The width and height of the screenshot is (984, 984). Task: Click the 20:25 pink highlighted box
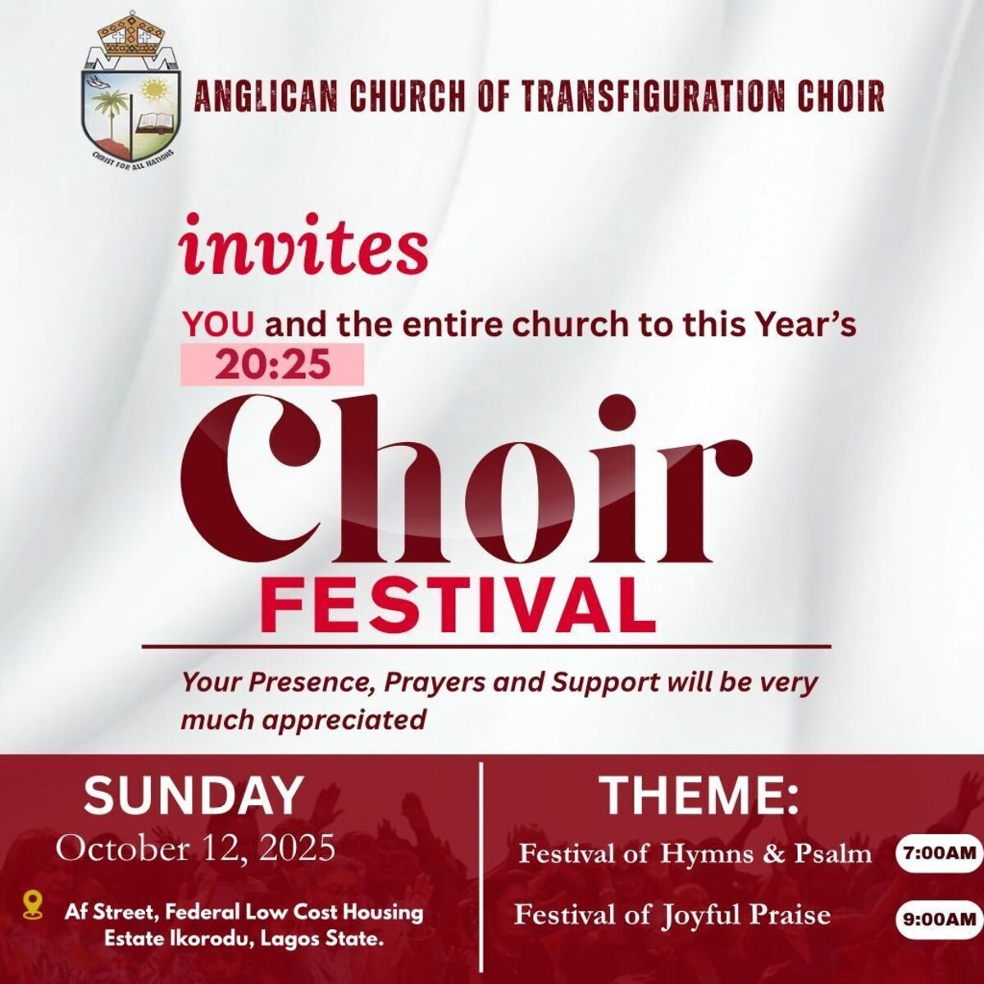coord(272,365)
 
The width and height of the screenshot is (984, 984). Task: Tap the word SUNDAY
coord(194,796)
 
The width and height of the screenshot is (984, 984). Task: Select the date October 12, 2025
coord(196,850)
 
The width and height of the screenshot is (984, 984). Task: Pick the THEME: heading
coord(700,796)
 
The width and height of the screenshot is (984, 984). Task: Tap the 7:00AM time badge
coord(940,854)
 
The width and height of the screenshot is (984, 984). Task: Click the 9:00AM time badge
coord(940,919)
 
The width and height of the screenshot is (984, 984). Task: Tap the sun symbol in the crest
coord(152,90)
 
